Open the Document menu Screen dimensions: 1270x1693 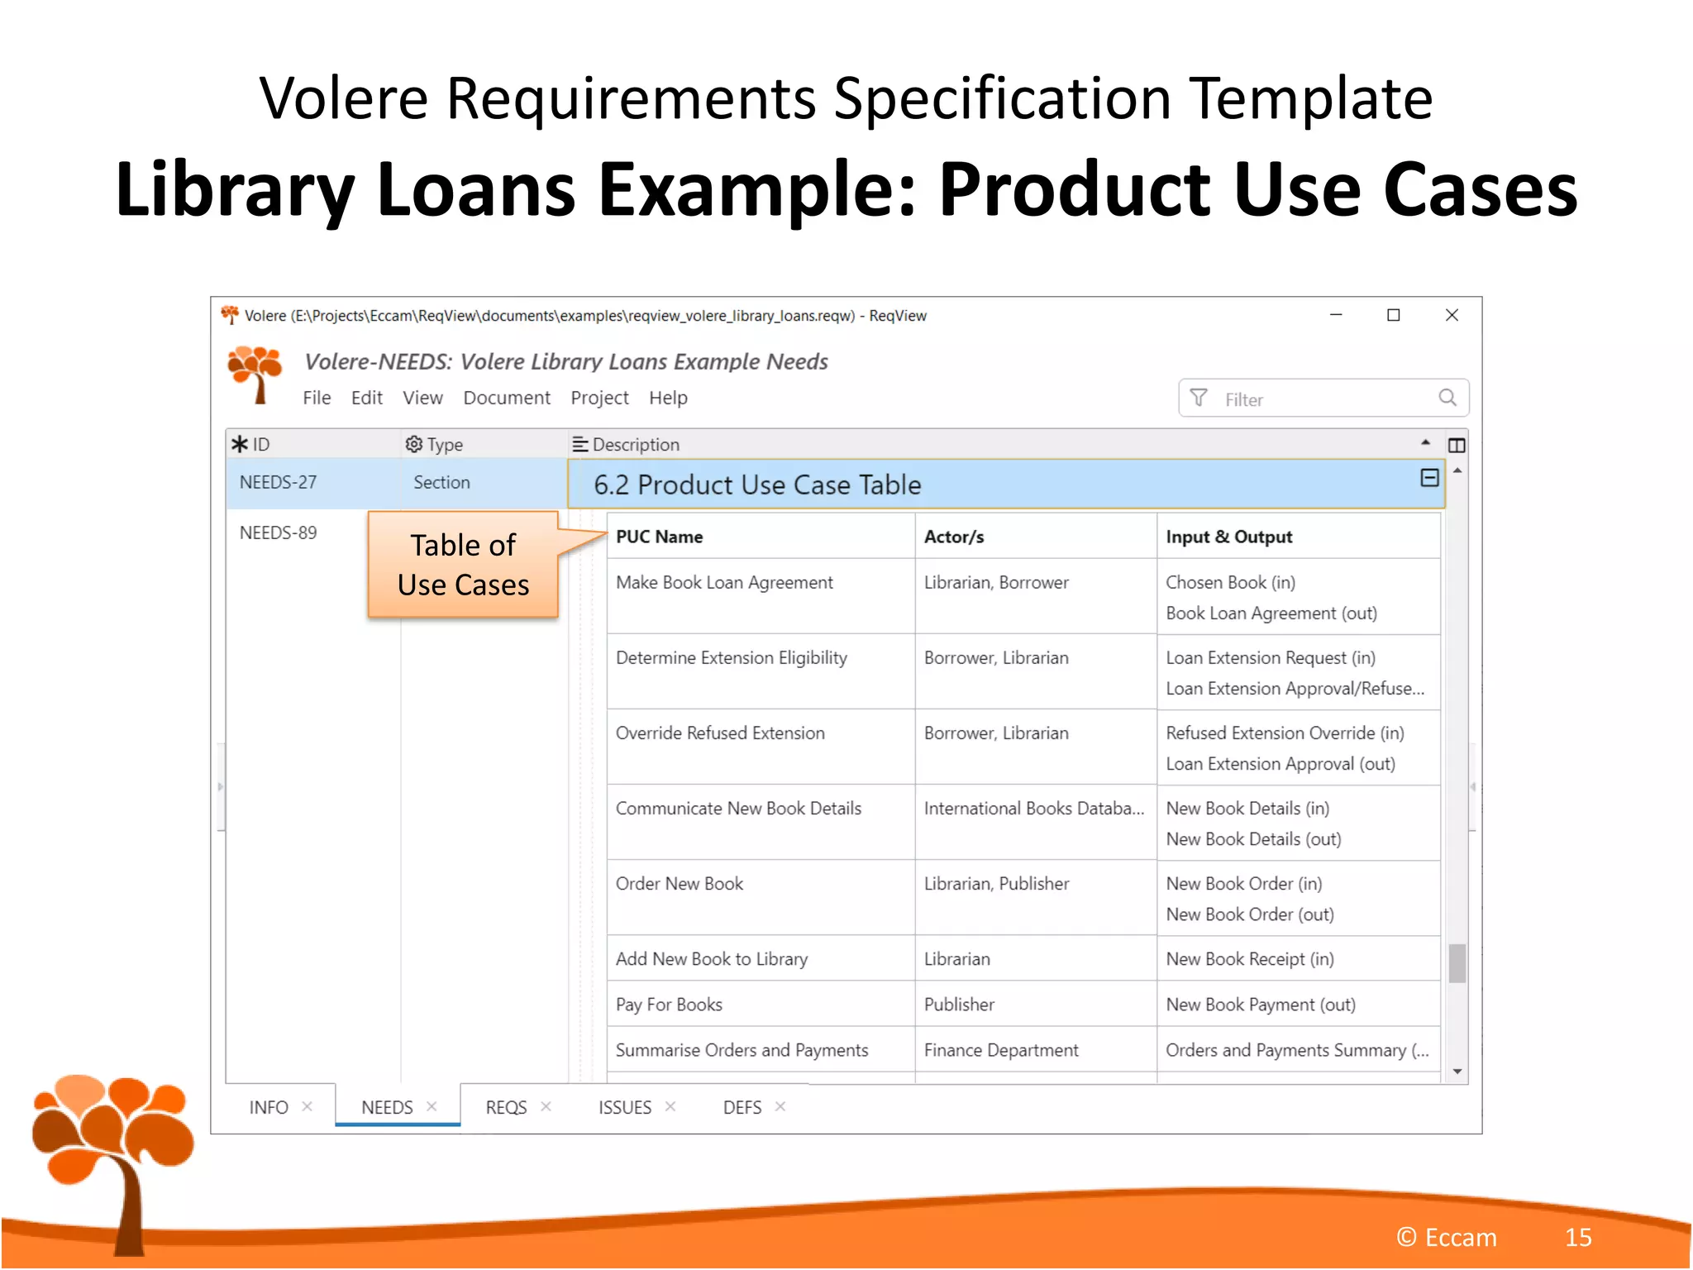[x=506, y=398]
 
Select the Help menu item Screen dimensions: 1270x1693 [x=667, y=398]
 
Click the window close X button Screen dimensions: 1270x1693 [x=1452, y=315]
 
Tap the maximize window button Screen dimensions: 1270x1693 [x=1394, y=315]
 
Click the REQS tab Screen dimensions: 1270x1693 [x=506, y=1107]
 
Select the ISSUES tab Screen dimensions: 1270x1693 [x=624, y=1107]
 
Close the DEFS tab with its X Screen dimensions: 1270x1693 [x=780, y=1106]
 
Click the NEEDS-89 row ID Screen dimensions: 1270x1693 [x=278, y=532]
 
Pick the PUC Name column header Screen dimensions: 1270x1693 [x=659, y=537]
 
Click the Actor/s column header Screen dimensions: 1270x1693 [x=954, y=537]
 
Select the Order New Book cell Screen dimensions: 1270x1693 [x=680, y=884]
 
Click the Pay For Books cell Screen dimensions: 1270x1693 [x=669, y=1005]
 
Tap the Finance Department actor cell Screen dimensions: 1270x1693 [x=1001, y=1050]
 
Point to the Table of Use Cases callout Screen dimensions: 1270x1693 [x=463, y=565]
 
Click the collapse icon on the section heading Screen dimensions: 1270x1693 [x=1429, y=478]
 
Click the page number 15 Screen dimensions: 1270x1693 [x=1577, y=1237]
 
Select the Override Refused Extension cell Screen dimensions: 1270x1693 [x=720, y=733]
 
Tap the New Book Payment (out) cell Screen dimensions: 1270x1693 [x=1261, y=1005]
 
